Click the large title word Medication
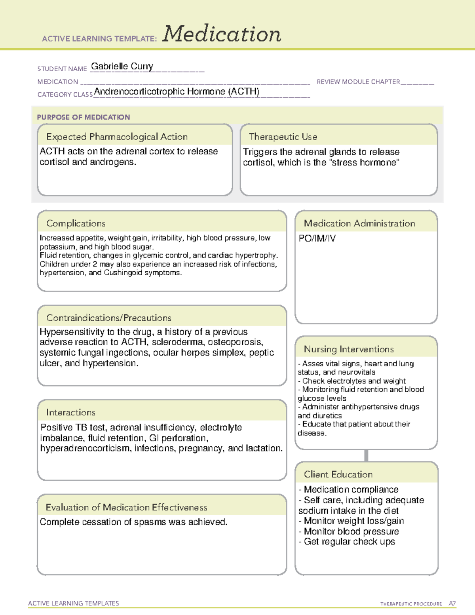[x=222, y=34]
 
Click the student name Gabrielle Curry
[x=122, y=67]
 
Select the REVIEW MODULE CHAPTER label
[x=358, y=82]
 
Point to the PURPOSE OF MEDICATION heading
[x=84, y=117]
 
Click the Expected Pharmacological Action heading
[x=117, y=137]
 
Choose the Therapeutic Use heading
[x=283, y=137]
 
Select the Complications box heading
[x=76, y=223]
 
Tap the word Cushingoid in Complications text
[x=123, y=272]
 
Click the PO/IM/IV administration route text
[x=317, y=238]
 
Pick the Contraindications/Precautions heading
[x=109, y=318]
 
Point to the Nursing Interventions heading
[x=349, y=349]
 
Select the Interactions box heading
[x=71, y=412]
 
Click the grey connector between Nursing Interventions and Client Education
[x=366, y=455]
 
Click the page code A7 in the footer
[x=452, y=604]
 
